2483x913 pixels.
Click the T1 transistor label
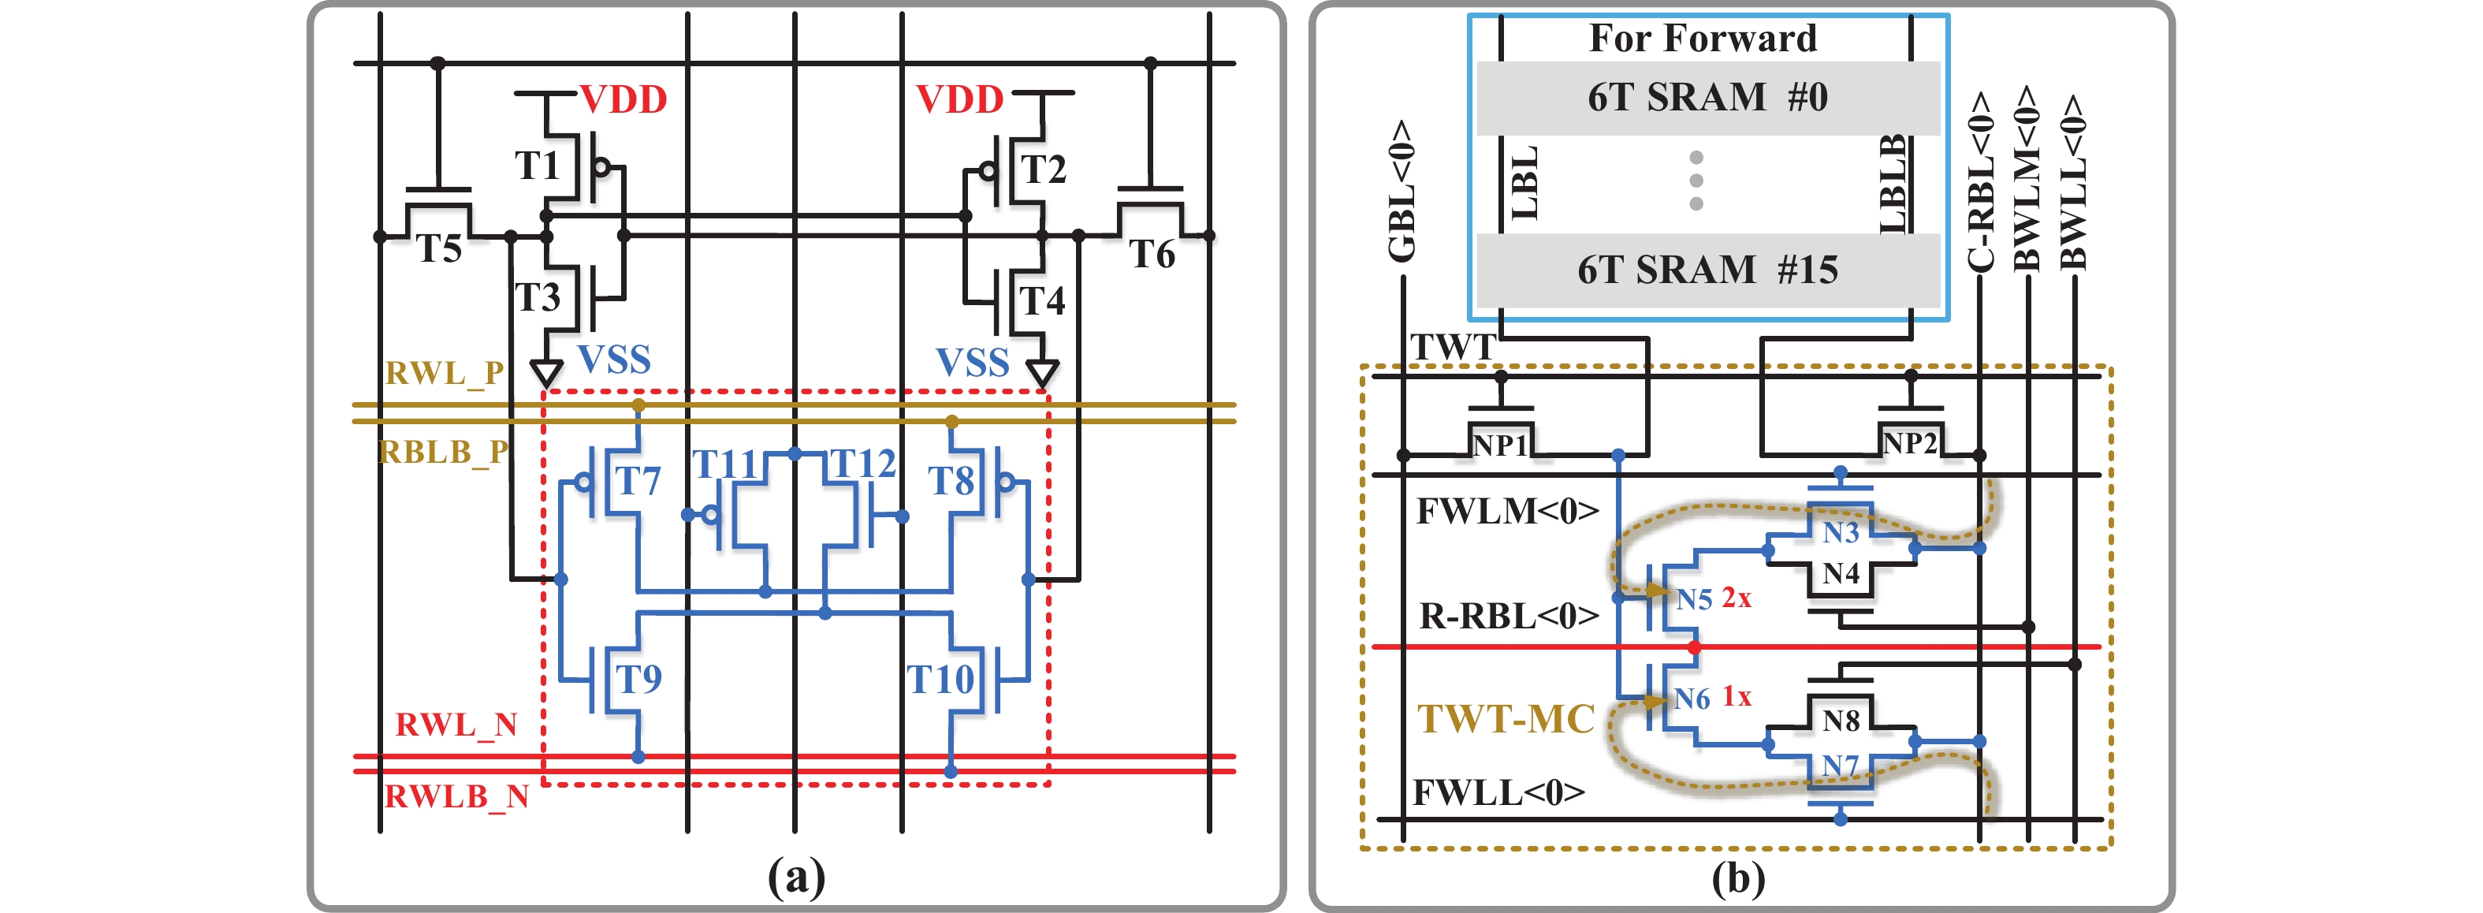coord(537,166)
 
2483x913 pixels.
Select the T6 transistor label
coord(1152,255)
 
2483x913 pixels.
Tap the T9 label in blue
coord(639,679)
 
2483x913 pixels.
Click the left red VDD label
coord(624,99)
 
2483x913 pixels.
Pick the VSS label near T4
coord(973,363)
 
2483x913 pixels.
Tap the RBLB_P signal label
coord(443,451)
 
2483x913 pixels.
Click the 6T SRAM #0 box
coord(1707,98)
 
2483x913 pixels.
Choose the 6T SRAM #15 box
coord(1707,270)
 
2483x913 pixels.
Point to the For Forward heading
coord(1703,39)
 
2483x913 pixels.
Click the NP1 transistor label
coord(1500,445)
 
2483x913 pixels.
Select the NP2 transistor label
coord(1909,443)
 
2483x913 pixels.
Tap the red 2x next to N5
coord(1736,598)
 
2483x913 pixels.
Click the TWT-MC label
coord(1506,719)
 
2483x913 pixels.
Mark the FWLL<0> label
coord(1498,792)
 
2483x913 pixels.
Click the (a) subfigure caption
coord(796,877)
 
